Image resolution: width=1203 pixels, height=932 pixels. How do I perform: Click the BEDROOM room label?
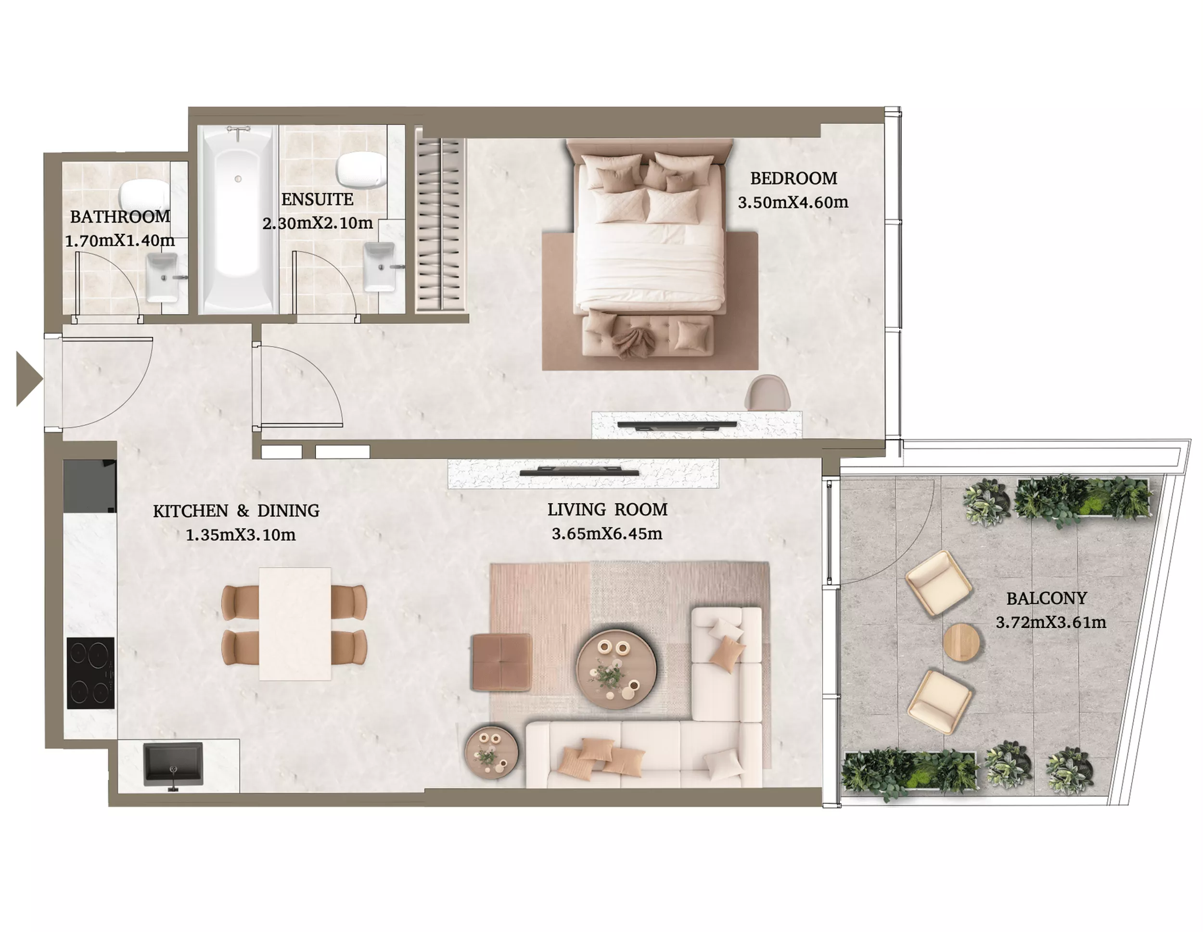click(x=793, y=179)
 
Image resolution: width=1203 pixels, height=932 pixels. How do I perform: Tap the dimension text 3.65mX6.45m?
click(x=607, y=534)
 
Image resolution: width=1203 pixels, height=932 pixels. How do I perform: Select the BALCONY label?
click(x=1047, y=598)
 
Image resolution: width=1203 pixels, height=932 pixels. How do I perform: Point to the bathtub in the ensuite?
click(x=238, y=219)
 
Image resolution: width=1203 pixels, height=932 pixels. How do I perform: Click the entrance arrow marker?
click(x=29, y=379)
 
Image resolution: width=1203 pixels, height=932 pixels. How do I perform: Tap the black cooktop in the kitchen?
click(x=91, y=673)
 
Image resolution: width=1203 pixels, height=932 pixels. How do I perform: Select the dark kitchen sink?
click(x=173, y=765)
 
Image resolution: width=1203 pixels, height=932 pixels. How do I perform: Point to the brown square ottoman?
click(x=501, y=662)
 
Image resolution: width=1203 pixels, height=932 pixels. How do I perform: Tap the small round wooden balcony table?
click(x=961, y=642)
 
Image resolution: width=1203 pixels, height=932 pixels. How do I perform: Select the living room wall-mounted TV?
click(x=579, y=472)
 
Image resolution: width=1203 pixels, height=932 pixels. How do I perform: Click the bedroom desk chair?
click(x=768, y=392)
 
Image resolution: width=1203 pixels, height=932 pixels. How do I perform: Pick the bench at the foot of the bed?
click(x=648, y=333)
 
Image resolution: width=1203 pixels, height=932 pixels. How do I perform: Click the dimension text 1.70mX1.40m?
click(x=120, y=241)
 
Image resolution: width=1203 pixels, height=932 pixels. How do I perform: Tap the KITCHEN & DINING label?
click(x=236, y=511)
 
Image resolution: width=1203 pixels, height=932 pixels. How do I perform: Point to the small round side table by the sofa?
click(x=491, y=750)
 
